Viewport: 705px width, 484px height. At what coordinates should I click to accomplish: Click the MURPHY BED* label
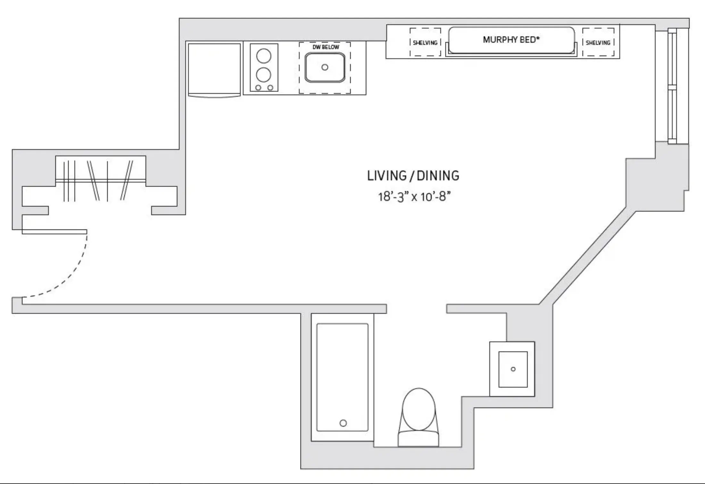tap(511, 40)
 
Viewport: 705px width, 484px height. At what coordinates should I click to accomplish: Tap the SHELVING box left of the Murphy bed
tap(425, 43)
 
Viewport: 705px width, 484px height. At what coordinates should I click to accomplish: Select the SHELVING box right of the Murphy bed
tap(598, 43)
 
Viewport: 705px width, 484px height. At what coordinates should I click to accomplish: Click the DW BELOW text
tap(326, 47)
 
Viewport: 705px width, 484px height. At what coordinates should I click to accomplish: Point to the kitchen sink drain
tap(325, 67)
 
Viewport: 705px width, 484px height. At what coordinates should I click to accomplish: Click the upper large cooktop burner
tap(263, 56)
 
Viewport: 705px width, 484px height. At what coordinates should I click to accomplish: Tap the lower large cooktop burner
tap(263, 75)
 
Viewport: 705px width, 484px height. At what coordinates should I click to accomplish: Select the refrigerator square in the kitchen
tap(214, 69)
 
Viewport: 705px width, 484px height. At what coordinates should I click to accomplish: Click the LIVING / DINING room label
tap(413, 176)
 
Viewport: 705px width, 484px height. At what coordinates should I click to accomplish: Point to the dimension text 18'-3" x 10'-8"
tap(414, 197)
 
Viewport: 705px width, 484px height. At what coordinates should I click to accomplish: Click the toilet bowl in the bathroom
tap(419, 410)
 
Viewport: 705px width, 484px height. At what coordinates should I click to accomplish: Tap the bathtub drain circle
tap(343, 423)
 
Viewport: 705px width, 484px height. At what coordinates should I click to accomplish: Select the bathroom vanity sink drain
tap(513, 369)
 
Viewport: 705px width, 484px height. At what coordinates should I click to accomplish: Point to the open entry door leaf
tap(54, 232)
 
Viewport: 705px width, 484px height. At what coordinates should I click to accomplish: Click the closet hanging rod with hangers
tap(100, 181)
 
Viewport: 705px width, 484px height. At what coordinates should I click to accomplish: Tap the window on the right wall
tap(672, 86)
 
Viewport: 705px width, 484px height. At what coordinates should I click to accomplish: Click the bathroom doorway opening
tap(416, 309)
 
